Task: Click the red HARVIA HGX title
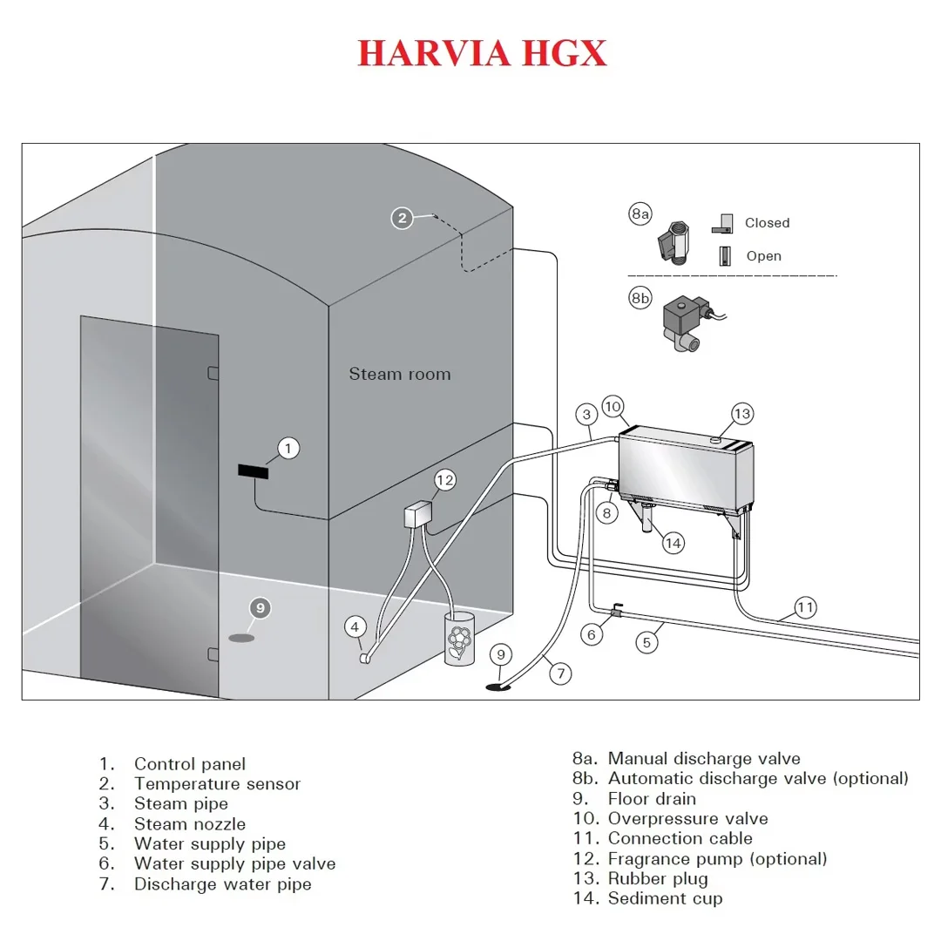[482, 54]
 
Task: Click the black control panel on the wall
[253, 471]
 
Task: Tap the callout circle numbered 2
[402, 218]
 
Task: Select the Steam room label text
[400, 375]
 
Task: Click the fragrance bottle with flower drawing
[458, 640]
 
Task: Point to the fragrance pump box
[418, 515]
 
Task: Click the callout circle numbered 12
[445, 479]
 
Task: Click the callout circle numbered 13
[741, 414]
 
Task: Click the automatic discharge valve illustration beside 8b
[685, 322]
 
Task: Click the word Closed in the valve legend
[767, 223]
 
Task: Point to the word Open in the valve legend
[763, 256]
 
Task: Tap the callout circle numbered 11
[806, 607]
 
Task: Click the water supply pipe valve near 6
[614, 612]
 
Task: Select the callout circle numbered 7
[561, 673]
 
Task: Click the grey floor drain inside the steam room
[242, 638]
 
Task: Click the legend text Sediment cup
[665, 898]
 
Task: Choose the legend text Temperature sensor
[217, 784]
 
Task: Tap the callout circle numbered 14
[673, 543]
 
